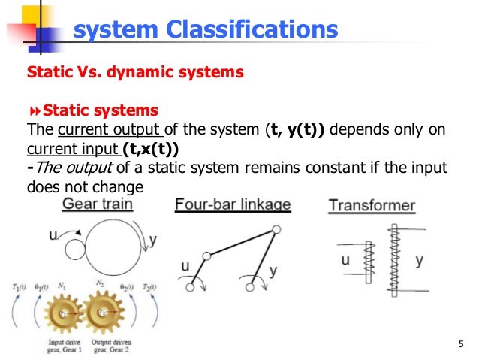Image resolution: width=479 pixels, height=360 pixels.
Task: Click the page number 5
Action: pyautogui.click(x=459, y=345)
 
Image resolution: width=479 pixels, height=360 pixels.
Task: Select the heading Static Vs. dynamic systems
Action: pyautogui.click(x=135, y=73)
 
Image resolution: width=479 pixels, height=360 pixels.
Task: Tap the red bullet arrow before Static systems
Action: pyautogui.click(x=33, y=111)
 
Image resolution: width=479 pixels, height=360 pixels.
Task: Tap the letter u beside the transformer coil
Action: pyautogui.click(x=346, y=261)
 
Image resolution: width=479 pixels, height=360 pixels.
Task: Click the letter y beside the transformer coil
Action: pyautogui.click(x=419, y=260)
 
